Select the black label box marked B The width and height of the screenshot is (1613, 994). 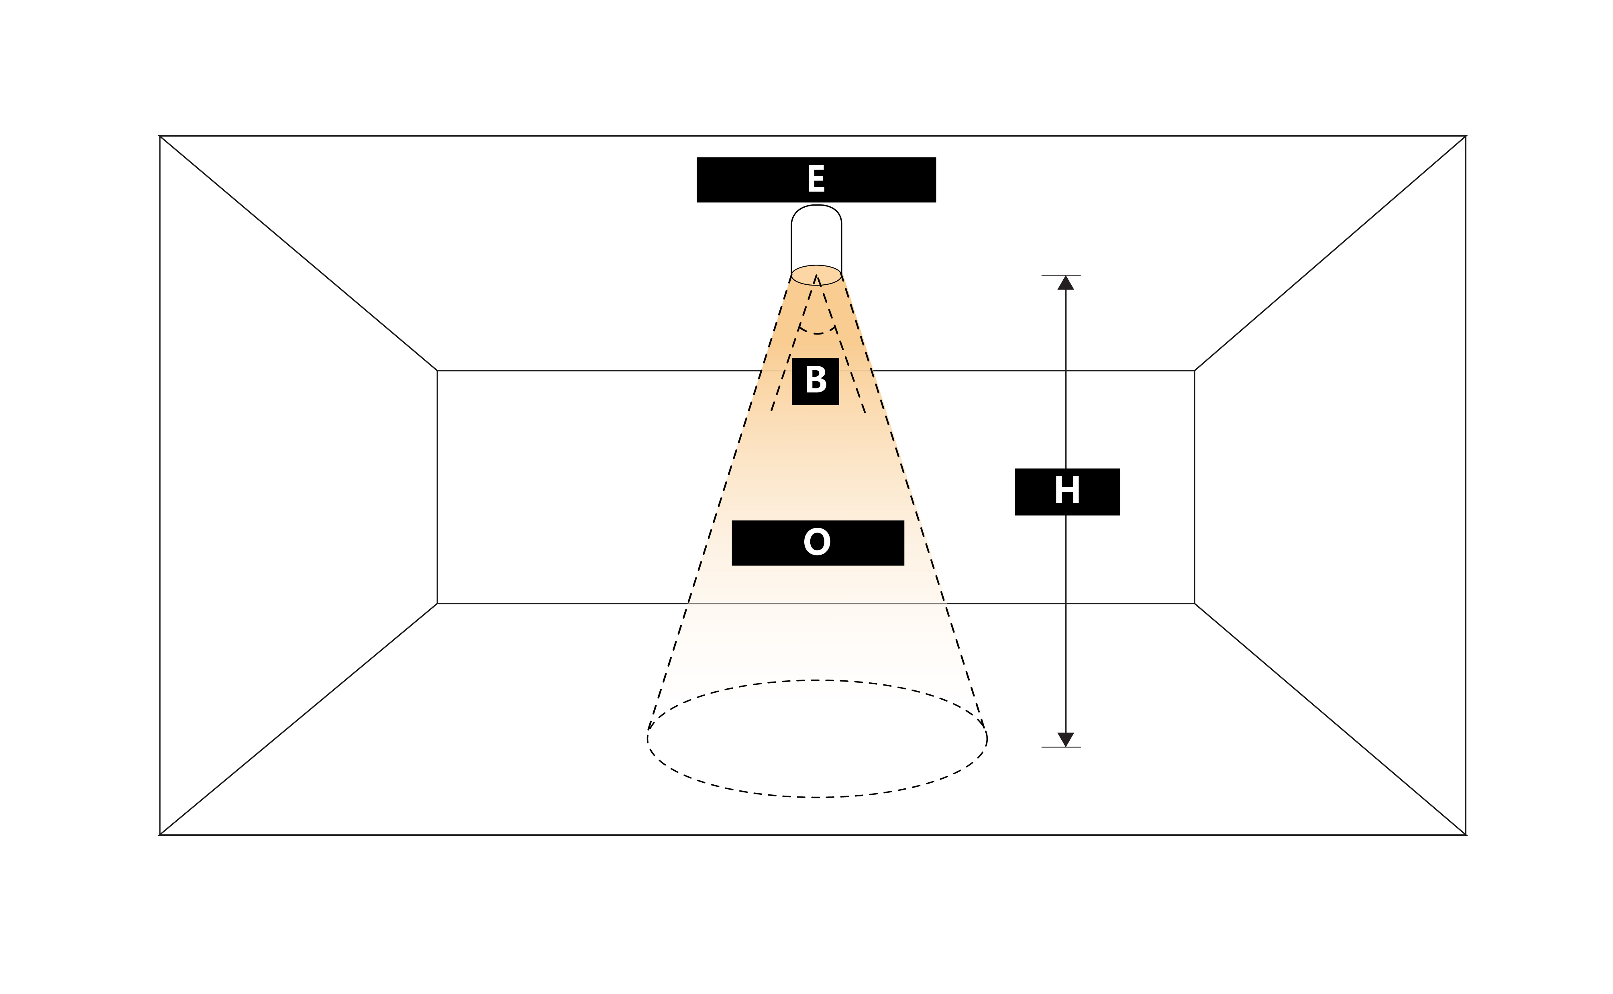(815, 381)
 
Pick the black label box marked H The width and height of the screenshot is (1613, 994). (1067, 492)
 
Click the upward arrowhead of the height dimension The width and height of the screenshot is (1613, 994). (1065, 284)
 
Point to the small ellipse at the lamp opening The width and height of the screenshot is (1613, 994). (816, 275)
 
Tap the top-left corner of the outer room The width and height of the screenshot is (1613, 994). (160, 136)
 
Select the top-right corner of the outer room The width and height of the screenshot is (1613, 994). (1466, 136)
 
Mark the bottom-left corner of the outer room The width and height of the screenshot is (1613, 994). (160, 835)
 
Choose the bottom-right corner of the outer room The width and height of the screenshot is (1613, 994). (1466, 835)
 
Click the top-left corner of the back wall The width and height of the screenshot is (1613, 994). (438, 371)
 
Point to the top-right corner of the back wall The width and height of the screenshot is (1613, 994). (1194, 371)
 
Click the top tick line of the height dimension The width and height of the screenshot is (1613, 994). (1061, 276)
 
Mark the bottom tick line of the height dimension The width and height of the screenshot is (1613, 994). (1061, 747)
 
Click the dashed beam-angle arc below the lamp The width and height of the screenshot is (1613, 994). (817, 333)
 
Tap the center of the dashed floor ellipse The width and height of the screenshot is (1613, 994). (817, 739)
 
